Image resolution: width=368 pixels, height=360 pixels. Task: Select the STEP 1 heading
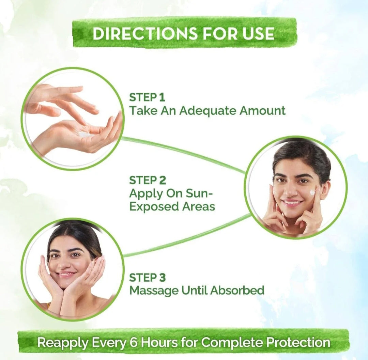click(x=147, y=97)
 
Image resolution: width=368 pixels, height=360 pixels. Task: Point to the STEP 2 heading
click(x=148, y=180)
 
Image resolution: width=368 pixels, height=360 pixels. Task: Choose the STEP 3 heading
click(x=148, y=277)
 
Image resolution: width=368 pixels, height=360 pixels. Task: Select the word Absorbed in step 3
click(x=237, y=290)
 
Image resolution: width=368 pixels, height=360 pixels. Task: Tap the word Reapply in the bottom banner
click(x=63, y=343)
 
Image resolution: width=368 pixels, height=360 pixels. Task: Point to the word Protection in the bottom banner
click(x=298, y=342)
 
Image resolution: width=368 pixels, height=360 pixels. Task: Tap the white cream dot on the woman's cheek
click(x=312, y=192)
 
